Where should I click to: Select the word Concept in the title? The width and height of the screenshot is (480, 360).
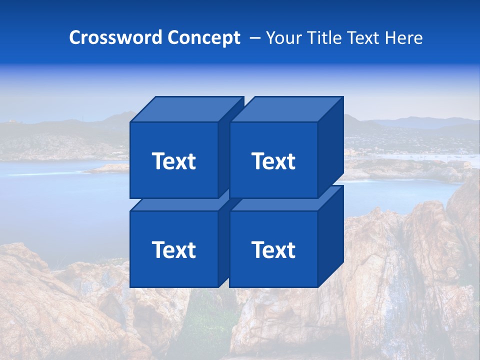click(203, 38)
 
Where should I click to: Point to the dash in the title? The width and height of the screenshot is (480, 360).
click(254, 38)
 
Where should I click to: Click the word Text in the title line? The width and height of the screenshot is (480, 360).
click(364, 38)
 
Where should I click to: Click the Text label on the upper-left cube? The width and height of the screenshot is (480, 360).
click(174, 161)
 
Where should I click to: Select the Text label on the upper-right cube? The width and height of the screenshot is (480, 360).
click(273, 161)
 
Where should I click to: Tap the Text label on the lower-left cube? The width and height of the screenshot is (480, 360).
click(174, 249)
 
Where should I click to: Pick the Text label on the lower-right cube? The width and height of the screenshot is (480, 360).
click(273, 249)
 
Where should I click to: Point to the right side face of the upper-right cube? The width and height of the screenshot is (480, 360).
click(330, 147)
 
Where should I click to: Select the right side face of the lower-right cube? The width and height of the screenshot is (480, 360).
click(330, 236)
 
